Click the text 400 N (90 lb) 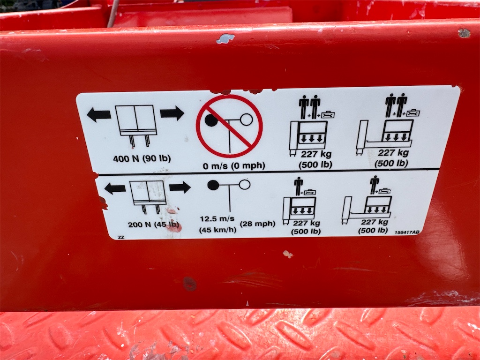(x=142, y=159)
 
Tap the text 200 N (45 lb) (x=153, y=225)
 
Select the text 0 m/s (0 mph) (x=234, y=166)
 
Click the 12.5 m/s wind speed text (x=217, y=218)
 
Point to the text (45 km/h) (x=217, y=230)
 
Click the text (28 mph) (x=257, y=224)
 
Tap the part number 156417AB (x=407, y=232)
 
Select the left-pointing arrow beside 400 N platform (x=99, y=114)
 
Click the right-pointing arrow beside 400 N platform (x=172, y=113)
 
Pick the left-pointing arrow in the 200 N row (x=115, y=188)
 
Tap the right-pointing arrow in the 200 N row (x=180, y=187)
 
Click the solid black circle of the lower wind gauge (x=213, y=185)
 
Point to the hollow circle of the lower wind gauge (x=245, y=185)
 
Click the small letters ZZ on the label (x=121, y=237)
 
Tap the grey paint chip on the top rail (x=225, y=38)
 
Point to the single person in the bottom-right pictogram (x=375, y=185)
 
